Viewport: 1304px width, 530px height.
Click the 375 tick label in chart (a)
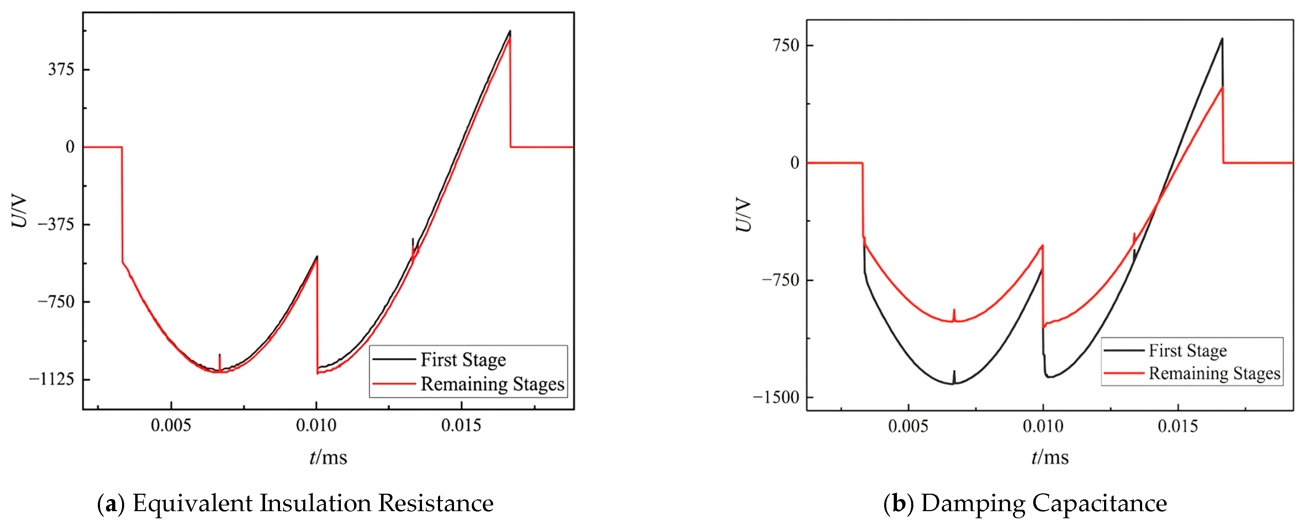[61, 69]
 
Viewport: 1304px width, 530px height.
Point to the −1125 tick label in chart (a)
[52, 379]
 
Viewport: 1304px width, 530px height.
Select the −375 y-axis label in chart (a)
[56, 224]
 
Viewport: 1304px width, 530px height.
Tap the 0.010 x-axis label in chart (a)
[316, 425]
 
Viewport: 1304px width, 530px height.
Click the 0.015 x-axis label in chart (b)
[1178, 426]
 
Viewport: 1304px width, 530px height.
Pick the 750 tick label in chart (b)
[786, 45]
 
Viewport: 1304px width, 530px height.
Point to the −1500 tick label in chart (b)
[776, 397]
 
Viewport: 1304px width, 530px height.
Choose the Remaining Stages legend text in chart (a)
[492, 384]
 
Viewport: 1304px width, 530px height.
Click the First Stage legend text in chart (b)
[1188, 350]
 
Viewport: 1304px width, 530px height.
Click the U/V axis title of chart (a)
[19, 212]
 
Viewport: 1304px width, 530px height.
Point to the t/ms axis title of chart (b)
[1050, 457]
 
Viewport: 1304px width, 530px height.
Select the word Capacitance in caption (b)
[1100, 503]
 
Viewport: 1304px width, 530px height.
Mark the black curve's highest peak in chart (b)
[1222, 38]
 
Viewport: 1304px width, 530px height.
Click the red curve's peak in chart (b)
[1222, 88]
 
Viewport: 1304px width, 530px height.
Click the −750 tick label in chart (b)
[781, 280]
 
